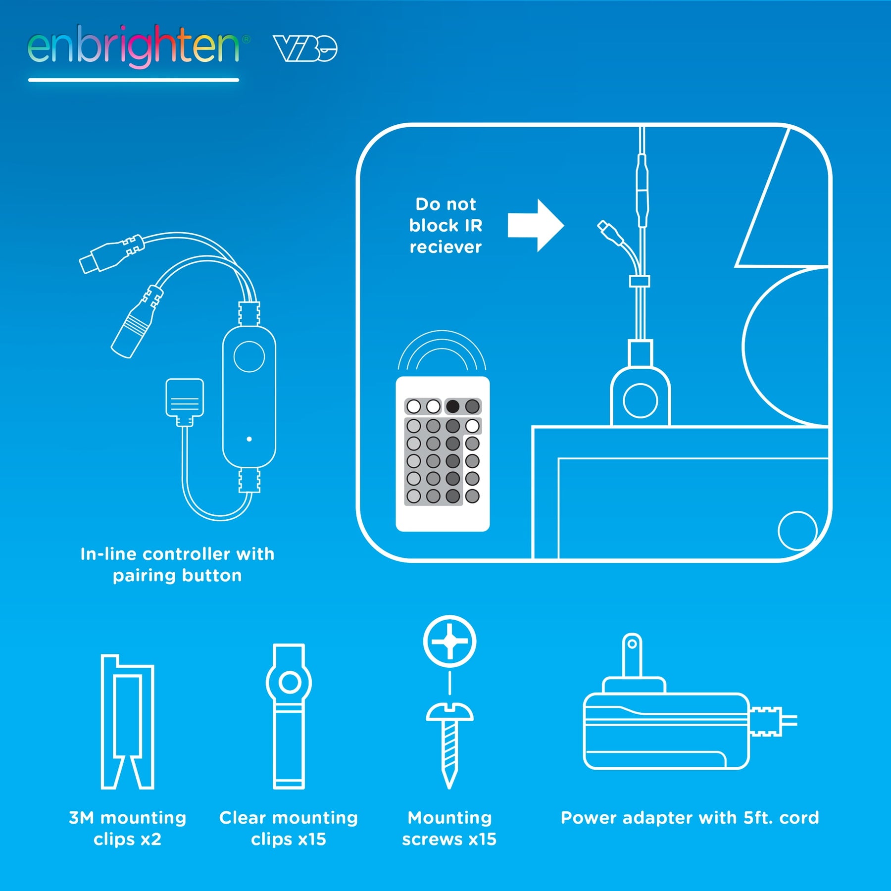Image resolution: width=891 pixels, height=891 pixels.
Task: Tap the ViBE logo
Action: (x=305, y=49)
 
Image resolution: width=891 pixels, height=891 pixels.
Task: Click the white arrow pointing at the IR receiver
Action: (x=536, y=226)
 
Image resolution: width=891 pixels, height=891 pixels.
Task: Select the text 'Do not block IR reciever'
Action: (x=445, y=226)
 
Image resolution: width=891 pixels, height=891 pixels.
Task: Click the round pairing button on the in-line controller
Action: (x=249, y=356)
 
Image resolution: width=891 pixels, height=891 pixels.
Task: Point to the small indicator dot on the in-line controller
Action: (x=249, y=439)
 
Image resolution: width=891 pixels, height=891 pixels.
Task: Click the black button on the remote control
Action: (x=452, y=406)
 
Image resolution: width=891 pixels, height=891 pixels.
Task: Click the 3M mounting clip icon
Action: (x=128, y=722)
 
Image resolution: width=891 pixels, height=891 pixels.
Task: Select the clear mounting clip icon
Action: (x=289, y=716)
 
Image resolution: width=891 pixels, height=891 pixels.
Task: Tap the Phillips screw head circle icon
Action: (x=449, y=642)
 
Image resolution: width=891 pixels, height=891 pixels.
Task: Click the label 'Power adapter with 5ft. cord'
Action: (x=690, y=818)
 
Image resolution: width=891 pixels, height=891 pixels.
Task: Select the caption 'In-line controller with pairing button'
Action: (x=177, y=565)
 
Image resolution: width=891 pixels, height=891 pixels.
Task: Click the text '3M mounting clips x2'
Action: (x=128, y=829)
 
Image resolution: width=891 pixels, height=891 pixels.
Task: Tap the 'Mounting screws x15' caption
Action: (x=449, y=829)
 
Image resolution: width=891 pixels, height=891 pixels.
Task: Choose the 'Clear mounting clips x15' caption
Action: (x=289, y=829)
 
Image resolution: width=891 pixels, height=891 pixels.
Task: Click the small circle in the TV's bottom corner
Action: (x=797, y=531)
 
